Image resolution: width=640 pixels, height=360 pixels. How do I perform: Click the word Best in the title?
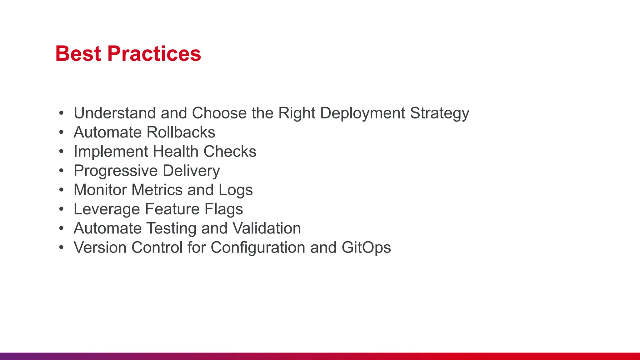point(78,54)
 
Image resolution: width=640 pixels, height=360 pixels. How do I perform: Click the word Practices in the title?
point(154,54)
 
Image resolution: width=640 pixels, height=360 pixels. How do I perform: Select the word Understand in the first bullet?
point(114,113)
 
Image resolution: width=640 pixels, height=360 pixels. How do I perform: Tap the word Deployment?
point(362,113)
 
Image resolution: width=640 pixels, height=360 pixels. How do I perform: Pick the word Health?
point(176,152)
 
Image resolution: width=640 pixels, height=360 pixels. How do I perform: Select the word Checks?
point(230,152)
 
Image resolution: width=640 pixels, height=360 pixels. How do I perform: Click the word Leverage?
point(107,209)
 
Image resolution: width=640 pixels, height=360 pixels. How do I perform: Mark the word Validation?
point(267,228)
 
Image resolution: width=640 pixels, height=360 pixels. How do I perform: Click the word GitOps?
point(366,248)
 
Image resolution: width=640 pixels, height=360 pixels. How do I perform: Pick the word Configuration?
point(258,248)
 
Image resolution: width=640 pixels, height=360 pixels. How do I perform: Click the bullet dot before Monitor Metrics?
point(61,190)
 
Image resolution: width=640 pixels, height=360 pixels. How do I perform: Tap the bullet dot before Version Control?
point(61,247)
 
